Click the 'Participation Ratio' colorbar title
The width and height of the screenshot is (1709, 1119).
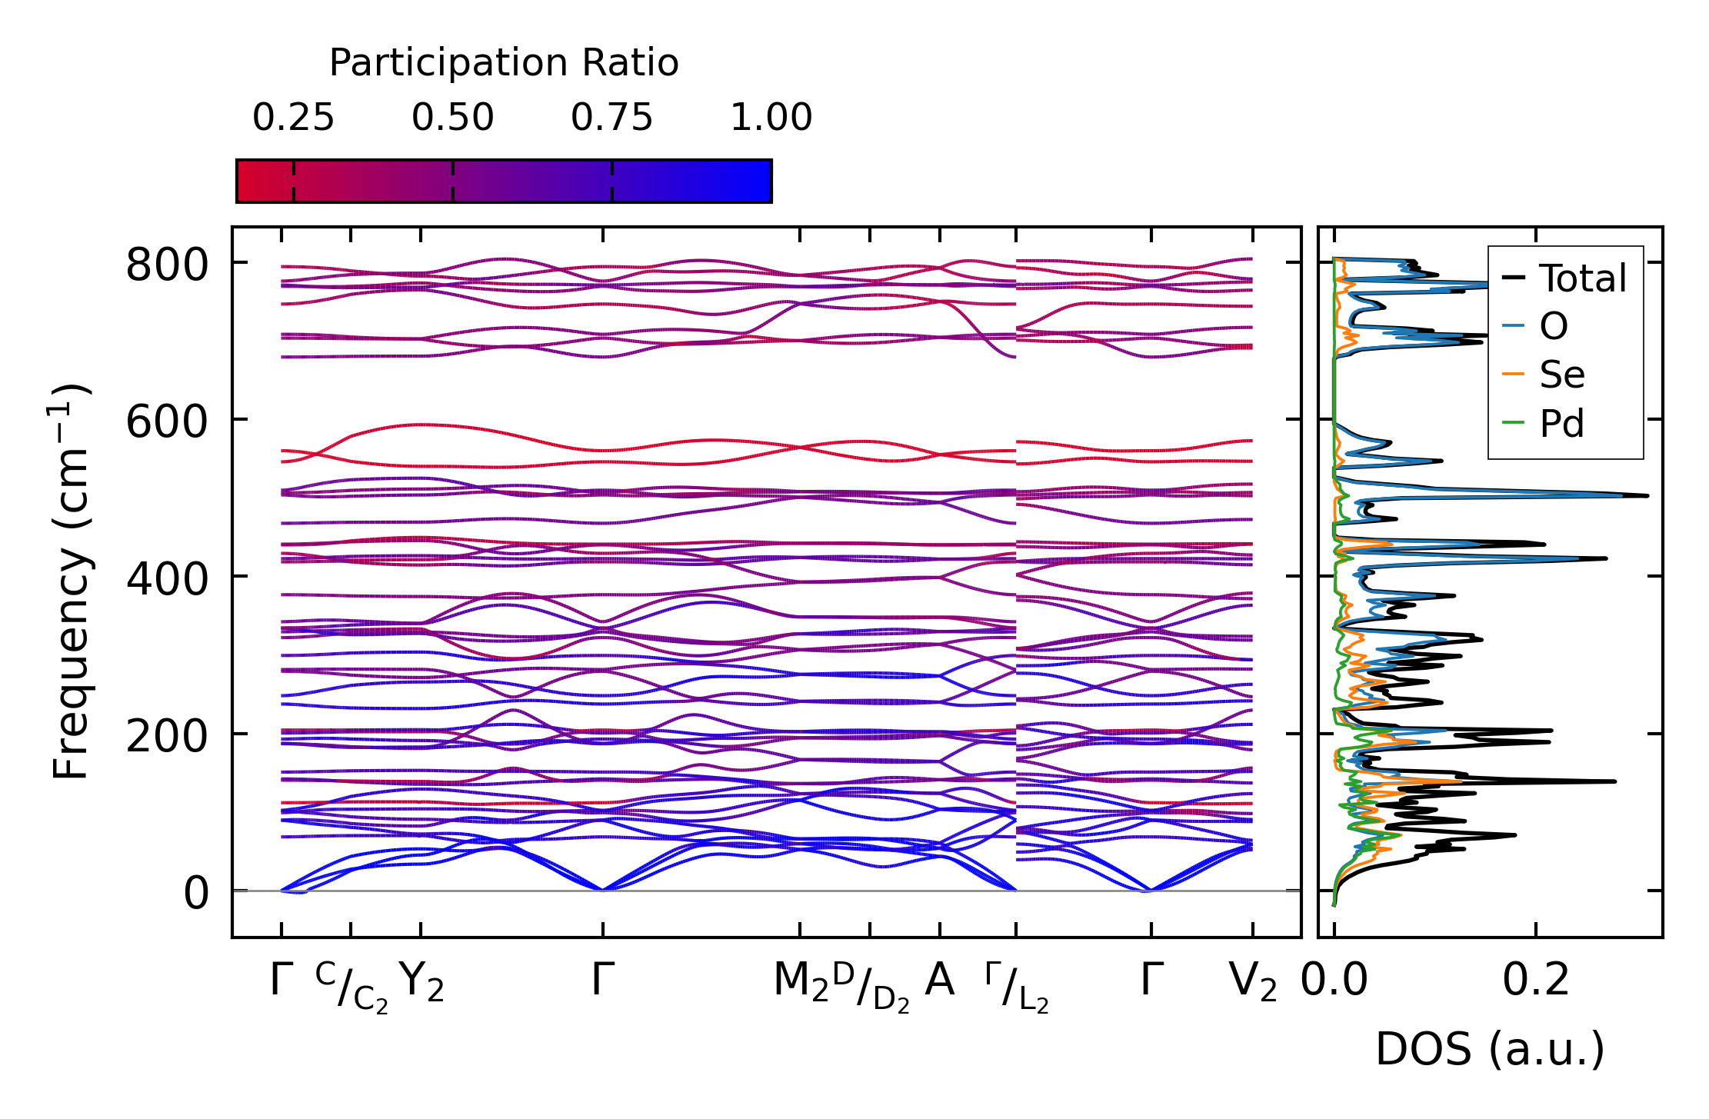coord(504,63)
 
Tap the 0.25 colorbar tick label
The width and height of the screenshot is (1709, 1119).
coord(293,118)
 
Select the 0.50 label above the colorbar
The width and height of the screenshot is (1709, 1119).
coord(452,118)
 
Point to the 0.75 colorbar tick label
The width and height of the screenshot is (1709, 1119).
coord(611,118)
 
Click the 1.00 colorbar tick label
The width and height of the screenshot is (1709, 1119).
coord(771,118)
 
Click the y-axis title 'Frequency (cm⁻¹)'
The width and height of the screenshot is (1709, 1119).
coord(71,581)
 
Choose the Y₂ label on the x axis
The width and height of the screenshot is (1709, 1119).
coord(421,982)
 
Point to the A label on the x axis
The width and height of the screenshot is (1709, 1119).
coord(939,981)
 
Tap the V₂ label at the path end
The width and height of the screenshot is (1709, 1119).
coord(1252,982)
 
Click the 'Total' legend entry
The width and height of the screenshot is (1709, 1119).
coord(1582,278)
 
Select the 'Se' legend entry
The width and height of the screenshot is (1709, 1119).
coord(1561,375)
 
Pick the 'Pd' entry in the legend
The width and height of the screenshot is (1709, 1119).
coord(1561,424)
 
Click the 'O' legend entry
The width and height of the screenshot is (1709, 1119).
coord(1553,327)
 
